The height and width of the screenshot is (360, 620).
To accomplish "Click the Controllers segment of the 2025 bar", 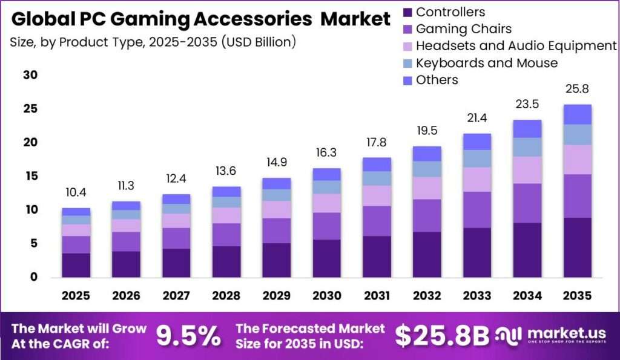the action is click(x=76, y=265).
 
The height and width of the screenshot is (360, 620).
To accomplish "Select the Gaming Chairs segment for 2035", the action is click(x=577, y=196).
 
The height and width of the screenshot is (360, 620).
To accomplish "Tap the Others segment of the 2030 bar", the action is click(x=326, y=174).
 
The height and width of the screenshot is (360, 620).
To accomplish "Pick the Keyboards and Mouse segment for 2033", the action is click(x=477, y=159).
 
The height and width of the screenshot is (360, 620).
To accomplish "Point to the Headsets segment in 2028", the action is click(x=226, y=215).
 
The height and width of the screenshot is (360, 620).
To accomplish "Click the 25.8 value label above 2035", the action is click(x=577, y=89).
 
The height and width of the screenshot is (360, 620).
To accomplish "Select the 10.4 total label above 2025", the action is click(x=76, y=192).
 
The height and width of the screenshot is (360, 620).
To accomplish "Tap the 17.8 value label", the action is click(x=377, y=142).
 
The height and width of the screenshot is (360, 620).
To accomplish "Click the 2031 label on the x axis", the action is click(x=377, y=296).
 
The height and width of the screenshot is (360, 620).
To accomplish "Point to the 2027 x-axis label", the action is click(x=176, y=296).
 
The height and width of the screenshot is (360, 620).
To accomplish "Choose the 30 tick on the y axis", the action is click(x=30, y=74).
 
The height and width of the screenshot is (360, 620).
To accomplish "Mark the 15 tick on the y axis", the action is click(x=30, y=176).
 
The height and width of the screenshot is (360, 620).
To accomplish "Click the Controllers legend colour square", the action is click(x=407, y=12).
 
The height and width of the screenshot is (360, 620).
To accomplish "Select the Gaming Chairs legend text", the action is click(x=464, y=29).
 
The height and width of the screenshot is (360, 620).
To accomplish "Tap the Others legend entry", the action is click(x=430, y=80).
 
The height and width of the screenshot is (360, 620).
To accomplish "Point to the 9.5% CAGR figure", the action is click(x=188, y=336).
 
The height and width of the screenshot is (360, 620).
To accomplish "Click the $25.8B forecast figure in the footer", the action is click(x=442, y=336).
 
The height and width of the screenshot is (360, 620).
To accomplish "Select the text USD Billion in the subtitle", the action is click(x=259, y=42).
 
